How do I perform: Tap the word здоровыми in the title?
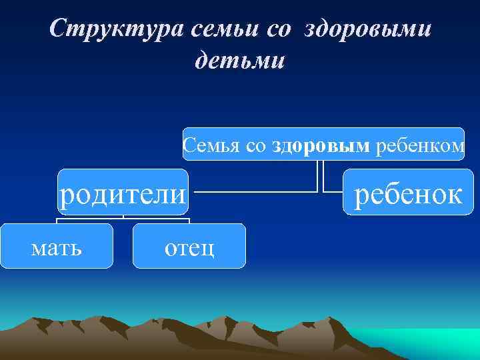click(367, 29)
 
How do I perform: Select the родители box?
click(123, 193)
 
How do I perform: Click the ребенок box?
click(407, 193)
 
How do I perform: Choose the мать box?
click(57, 247)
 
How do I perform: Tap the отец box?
click(189, 247)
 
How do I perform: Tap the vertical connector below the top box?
click(319, 175)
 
